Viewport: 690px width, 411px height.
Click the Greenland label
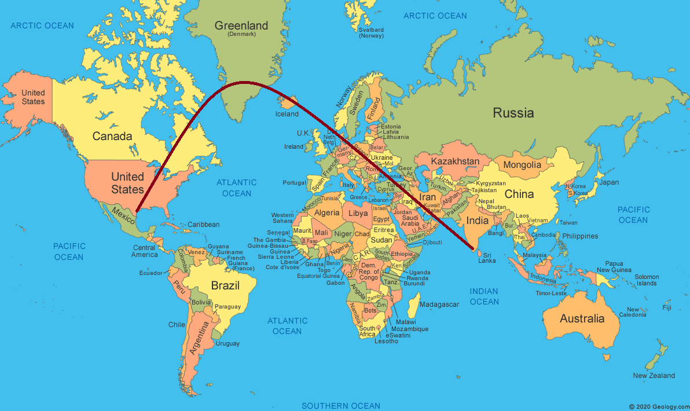click(x=241, y=26)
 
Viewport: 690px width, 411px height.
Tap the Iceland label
click(x=287, y=114)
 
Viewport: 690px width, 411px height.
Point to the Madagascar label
click(x=439, y=304)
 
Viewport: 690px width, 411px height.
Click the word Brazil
click(x=225, y=285)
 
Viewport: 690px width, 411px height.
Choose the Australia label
click(x=582, y=318)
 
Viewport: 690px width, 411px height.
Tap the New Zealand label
click(x=654, y=376)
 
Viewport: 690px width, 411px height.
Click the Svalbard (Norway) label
click(x=371, y=32)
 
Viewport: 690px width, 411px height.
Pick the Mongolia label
click(x=522, y=165)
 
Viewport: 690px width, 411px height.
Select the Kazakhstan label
click(x=456, y=161)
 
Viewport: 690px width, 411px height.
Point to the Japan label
click(x=608, y=182)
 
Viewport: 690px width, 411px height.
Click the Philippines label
click(x=579, y=236)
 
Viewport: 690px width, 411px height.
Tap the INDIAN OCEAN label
click(x=485, y=296)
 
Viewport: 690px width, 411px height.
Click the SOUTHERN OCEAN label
click(x=341, y=406)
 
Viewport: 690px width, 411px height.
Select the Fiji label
click(x=667, y=307)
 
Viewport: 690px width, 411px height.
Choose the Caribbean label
click(x=203, y=225)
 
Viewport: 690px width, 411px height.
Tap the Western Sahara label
click(x=282, y=218)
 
